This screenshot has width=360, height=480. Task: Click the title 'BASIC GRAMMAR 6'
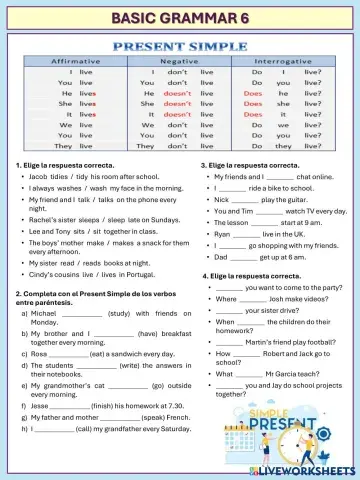coord(180,17)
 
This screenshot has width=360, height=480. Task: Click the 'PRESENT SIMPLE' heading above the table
coord(180,47)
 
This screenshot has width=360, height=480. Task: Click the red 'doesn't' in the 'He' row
coord(177,91)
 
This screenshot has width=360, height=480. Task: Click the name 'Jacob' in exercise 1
coord(42,175)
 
